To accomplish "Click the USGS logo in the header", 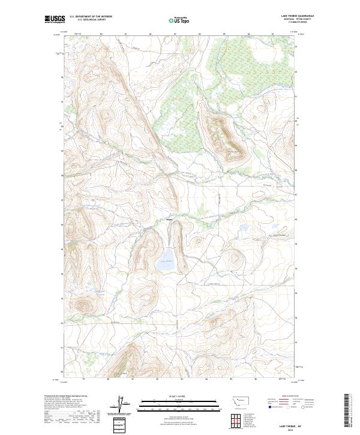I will click(x=55, y=20).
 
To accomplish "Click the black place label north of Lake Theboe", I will click(x=169, y=221).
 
